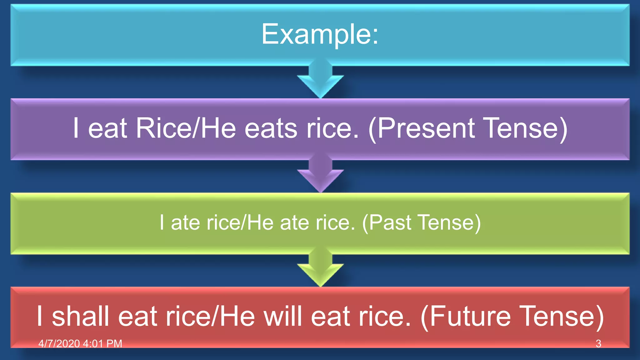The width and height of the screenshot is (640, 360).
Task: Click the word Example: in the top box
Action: (x=320, y=34)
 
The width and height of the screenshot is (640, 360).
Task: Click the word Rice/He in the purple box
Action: (x=186, y=128)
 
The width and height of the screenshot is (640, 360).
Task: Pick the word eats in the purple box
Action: (x=271, y=128)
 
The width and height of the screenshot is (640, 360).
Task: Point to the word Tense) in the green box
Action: (x=449, y=222)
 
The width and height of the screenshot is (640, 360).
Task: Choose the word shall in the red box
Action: (x=80, y=316)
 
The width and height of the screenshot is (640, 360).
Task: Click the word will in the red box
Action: (x=283, y=316)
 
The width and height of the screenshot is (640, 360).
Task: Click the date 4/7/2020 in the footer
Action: (x=59, y=344)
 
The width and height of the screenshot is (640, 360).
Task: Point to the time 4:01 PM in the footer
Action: (x=102, y=344)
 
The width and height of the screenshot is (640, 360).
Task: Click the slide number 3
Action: (x=598, y=344)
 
